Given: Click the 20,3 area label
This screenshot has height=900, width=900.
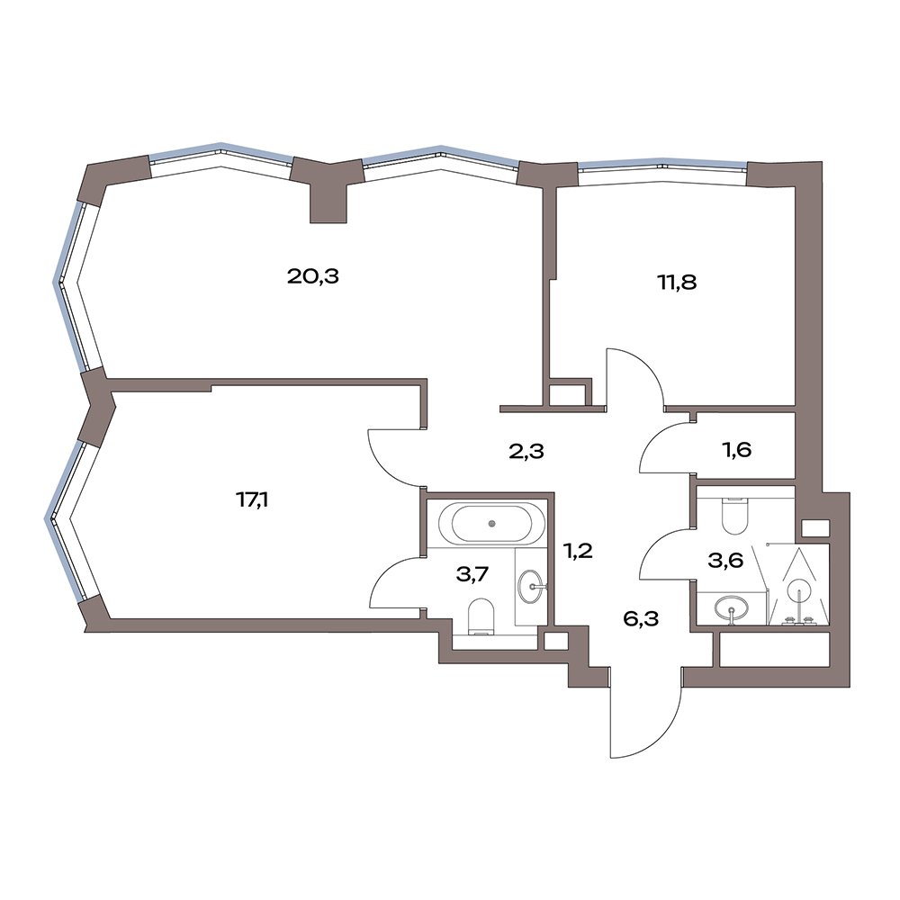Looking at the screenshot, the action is [x=313, y=277].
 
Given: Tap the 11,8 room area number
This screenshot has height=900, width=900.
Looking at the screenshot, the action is [x=678, y=283].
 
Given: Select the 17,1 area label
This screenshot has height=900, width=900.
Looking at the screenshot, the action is [x=252, y=501].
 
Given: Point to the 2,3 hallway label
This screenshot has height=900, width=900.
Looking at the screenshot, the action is [x=526, y=451].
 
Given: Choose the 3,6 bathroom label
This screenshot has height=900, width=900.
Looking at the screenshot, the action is [x=725, y=561].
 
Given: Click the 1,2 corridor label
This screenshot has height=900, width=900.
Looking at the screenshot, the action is [x=578, y=552].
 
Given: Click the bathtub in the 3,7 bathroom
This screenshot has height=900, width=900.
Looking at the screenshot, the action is [x=492, y=523].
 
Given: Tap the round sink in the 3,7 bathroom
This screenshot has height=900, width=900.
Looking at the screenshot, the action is [x=532, y=587].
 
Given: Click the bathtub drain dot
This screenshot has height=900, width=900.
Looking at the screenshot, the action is [x=492, y=523].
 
